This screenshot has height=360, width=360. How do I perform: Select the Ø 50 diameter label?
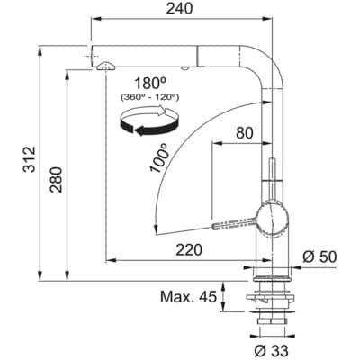click(319, 257)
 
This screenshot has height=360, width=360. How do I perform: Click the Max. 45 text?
click(189, 297)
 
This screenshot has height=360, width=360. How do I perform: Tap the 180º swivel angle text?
click(143, 80)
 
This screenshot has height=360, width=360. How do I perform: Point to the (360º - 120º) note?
click(143, 96)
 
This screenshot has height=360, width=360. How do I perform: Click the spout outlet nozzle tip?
click(106, 64)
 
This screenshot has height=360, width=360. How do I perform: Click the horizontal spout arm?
click(180, 49)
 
